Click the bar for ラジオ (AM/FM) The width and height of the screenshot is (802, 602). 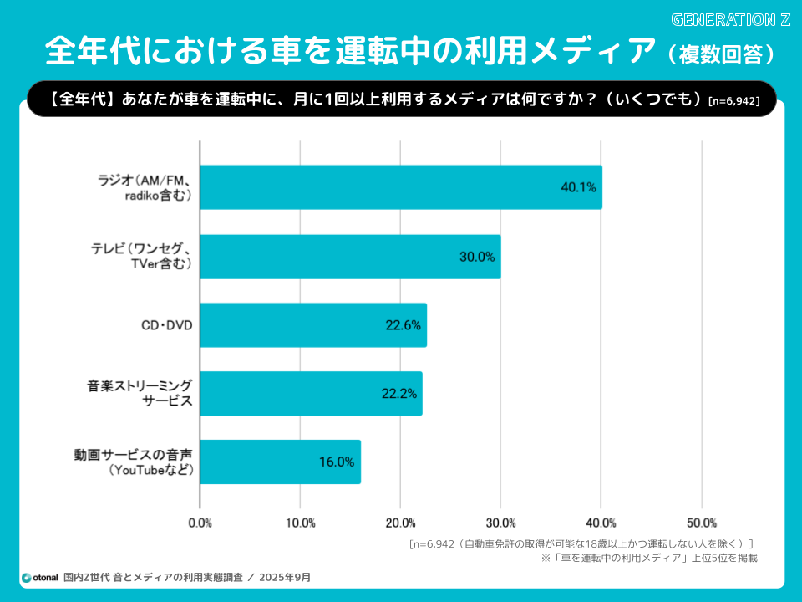[401, 187]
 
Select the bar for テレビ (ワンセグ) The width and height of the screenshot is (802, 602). [351, 257]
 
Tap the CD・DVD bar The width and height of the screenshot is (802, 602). [313, 325]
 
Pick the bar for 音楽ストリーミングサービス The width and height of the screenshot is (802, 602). [311, 393]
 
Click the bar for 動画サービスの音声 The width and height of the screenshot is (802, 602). [280, 462]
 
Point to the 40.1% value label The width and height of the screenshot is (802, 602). [578, 188]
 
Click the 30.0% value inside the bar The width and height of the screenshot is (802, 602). [477, 257]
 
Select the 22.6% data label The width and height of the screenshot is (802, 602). [403, 325]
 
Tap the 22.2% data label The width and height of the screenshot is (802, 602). [400, 393]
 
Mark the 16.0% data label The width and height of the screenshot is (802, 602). [337, 462]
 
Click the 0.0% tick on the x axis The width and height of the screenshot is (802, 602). [200, 523]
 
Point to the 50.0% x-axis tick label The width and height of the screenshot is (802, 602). [702, 523]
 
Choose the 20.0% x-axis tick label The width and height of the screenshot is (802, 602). [401, 523]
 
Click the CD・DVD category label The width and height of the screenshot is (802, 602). [166, 325]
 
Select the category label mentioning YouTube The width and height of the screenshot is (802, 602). [151, 470]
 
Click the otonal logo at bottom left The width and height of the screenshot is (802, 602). [39, 577]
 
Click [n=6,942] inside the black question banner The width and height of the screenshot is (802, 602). [733, 101]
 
